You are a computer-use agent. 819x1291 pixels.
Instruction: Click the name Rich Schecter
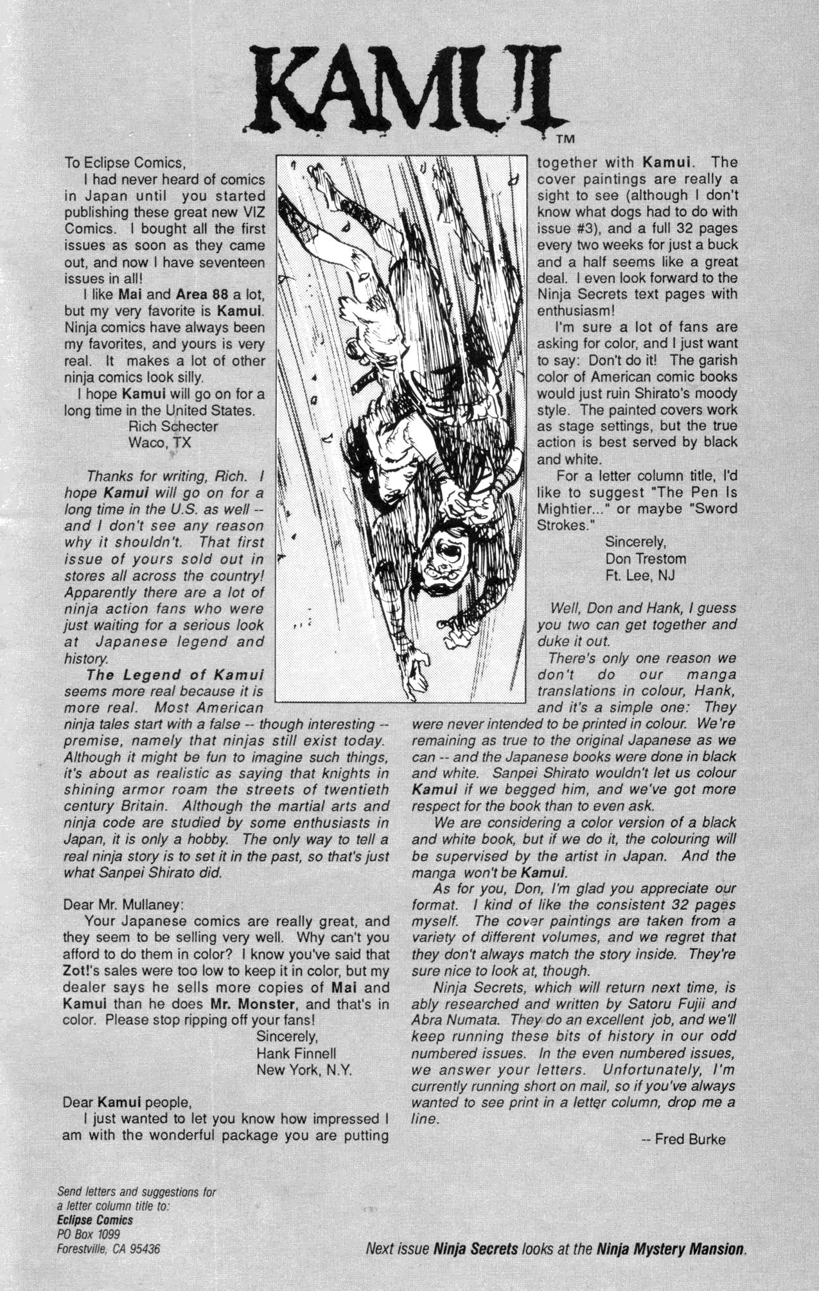173,426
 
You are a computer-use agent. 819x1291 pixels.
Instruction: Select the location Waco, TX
160,443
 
